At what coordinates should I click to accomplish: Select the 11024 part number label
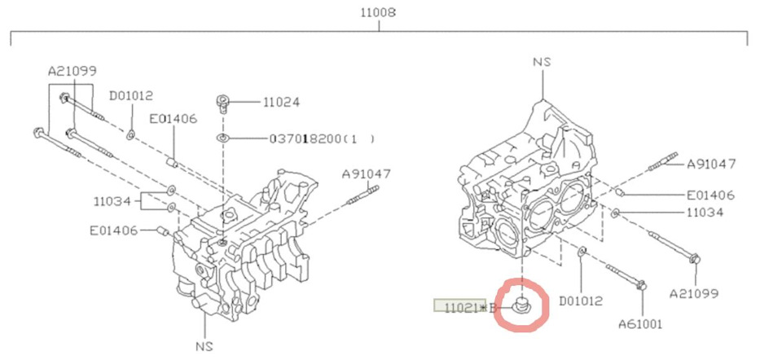pos(281,103)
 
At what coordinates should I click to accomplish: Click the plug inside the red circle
pos(521,305)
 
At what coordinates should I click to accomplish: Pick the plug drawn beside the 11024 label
pos(223,103)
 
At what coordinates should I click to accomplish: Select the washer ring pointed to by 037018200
pos(223,139)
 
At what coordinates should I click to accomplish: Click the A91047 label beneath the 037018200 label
pos(366,173)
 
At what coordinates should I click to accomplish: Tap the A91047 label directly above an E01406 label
pos(711,164)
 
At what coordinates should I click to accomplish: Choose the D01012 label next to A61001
pos(581,301)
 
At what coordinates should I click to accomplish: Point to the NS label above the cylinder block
pos(543,61)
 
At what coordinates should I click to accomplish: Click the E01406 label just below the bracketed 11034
pos(114,230)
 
